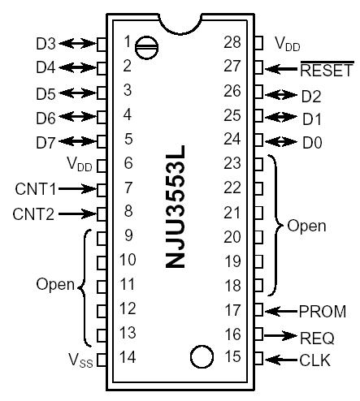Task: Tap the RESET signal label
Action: pyautogui.click(x=325, y=71)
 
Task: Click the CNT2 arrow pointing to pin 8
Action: pyautogui.click(x=78, y=214)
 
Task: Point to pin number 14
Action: pyautogui.click(x=128, y=357)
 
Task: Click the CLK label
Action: pyautogui.click(x=314, y=357)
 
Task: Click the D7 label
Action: pyautogui.click(x=46, y=141)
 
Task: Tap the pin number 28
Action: pyautogui.click(x=232, y=41)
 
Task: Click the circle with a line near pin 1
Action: pyautogui.click(x=145, y=46)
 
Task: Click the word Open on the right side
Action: pyautogui.click(x=308, y=226)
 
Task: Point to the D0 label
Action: pyautogui.click(x=312, y=141)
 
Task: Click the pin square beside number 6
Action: pyautogui.click(x=102, y=166)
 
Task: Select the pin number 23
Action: pyautogui.click(x=232, y=163)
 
